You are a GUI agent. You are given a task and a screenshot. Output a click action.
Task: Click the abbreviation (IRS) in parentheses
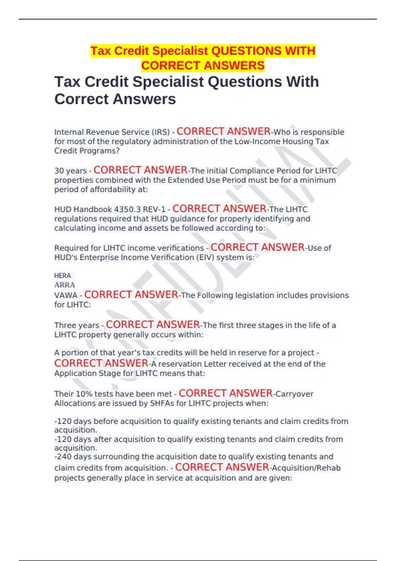[x=160, y=132]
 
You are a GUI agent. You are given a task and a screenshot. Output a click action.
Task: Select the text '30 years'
[x=70, y=171]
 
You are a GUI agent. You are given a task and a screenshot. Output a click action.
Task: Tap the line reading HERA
[x=62, y=276]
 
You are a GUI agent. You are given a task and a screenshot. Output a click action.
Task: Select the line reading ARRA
[x=64, y=285]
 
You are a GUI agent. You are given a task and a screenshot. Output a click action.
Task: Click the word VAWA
[x=66, y=295]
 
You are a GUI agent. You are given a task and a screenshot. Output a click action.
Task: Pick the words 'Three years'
[x=77, y=325]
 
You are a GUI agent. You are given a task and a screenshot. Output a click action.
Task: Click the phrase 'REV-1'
[x=154, y=210]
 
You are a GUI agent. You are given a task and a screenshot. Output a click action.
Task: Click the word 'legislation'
[x=254, y=295]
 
